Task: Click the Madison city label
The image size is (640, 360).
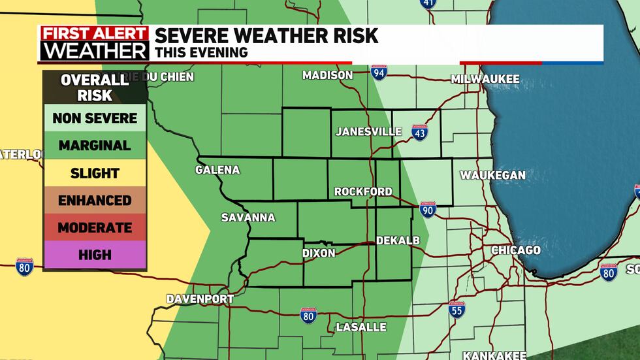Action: coord(327,76)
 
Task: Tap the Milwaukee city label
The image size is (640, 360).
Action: coord(485,79)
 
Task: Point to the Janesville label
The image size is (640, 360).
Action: coord(368,131)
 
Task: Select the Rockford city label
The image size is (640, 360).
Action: coord(363,191)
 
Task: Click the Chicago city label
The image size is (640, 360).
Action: coord(515,250)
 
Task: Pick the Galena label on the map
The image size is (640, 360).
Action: coord(217,170)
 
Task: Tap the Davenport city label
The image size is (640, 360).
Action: coord(200,299)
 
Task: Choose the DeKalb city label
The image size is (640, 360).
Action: coord(397,241)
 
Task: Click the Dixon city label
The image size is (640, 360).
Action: coord(319,253)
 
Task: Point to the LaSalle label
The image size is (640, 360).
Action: coord(361,327)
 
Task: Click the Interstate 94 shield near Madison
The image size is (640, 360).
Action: coord(379,73)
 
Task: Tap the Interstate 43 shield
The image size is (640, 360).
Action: coord(420,133)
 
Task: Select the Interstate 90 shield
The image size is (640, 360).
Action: coord(428,209)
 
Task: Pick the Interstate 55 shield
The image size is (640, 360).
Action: coord(457,309)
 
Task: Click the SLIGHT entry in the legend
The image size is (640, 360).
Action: coord(95,173)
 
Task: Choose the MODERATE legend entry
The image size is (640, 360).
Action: coord(95,228)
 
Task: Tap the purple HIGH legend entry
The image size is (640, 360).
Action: coord(95,255)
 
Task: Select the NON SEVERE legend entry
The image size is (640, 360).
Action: coord(95,118)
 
